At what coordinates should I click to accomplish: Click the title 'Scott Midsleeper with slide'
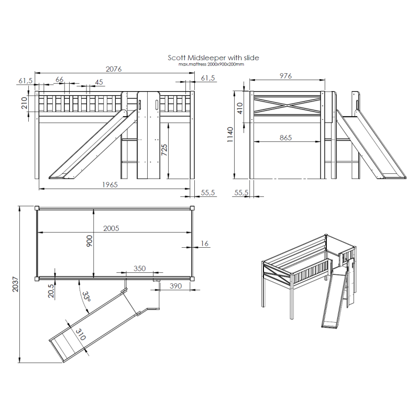click(x=213, y=58)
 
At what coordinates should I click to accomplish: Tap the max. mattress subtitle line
click(x=211, y=64)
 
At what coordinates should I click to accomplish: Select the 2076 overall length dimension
click(x=114, y=69)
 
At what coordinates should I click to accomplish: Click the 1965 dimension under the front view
click(x=110, y=185)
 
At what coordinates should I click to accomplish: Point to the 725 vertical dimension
click(x=164, y=150)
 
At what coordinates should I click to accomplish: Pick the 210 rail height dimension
click(x=24, y=103)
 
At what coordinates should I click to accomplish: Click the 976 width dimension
click(x=285, y=76)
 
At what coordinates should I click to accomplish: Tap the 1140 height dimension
click(x=230, y=135)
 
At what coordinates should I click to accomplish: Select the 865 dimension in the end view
click(x=285, y=138)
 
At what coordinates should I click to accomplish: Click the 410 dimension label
click(x=240, y=108)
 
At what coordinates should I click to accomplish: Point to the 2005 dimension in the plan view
click(x=111, y=228)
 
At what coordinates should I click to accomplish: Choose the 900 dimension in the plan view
click(x=90, y=241)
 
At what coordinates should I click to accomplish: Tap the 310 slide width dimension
click(x=81, y=334)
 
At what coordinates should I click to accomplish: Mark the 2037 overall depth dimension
click(x=16, y=284)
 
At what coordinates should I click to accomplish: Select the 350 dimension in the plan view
click(x=139, y=268)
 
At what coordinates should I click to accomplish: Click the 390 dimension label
click(x=175, y=286)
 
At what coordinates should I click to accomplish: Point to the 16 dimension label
click(x=204, y=244)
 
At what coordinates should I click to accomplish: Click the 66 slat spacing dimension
click(x=60, y=80)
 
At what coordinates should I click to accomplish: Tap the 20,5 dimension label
click(x=51, y=291)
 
